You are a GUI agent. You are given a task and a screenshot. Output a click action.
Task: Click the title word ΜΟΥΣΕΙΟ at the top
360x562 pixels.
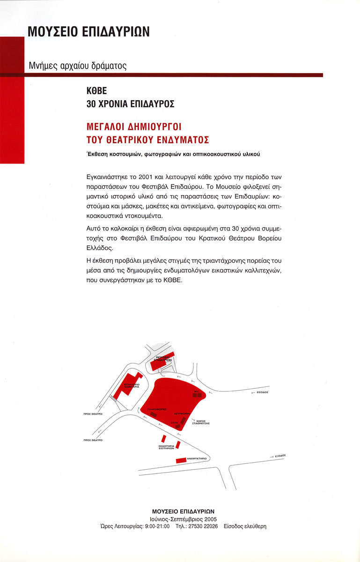point(56,31)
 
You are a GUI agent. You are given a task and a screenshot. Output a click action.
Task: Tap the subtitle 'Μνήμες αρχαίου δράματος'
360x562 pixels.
point(78,66)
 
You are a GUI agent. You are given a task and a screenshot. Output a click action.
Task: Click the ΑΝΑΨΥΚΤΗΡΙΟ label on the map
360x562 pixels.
point(197,459)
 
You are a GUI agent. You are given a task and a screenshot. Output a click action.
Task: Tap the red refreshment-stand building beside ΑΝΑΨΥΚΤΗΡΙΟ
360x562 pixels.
point(181,461)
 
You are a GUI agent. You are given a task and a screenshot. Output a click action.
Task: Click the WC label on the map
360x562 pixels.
point(197,391)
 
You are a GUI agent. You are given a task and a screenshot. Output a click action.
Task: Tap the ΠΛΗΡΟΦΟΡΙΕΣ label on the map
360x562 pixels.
point(157,409)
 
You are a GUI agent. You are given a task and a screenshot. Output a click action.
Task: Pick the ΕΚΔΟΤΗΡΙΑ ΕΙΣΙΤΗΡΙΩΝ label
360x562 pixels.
point(166,447)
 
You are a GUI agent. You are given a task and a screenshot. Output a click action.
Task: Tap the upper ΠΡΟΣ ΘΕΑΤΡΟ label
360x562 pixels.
point(93,414)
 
